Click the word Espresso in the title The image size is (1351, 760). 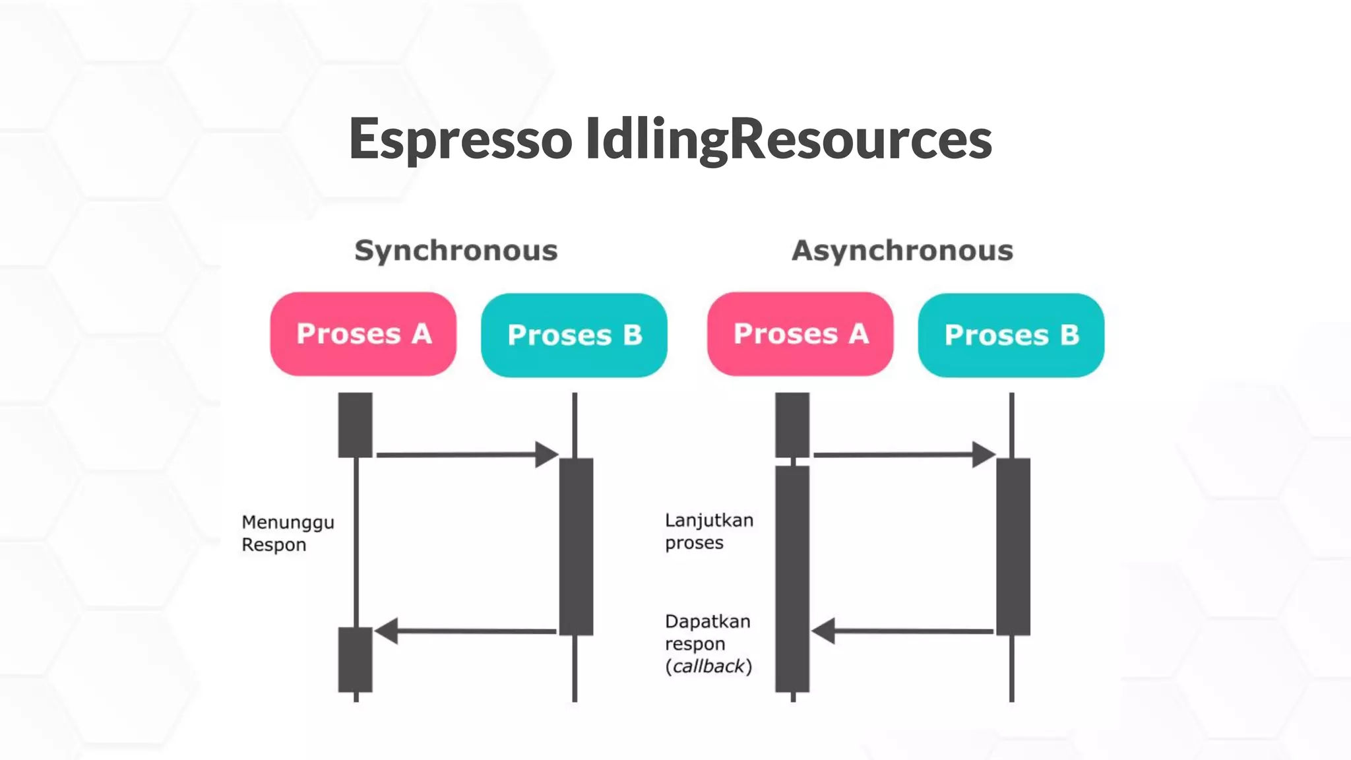click(x=460, y=139)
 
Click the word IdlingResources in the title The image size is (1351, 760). click(x=788, y=139)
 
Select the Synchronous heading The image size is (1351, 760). click(x=456, y=251)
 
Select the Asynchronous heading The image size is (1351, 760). click(x=902, y=251)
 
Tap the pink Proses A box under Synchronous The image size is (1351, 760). click(x=363, y=334)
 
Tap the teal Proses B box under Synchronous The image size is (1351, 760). click(x=574, y=335)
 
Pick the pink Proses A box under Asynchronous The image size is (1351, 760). click(x=800, y=334)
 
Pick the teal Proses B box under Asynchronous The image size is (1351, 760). click(x=1011, y=335)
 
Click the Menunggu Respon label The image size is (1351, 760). click(x=288, y=533)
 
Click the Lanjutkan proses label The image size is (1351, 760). click(x=708, y=531)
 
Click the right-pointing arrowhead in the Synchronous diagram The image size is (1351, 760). click(x=547, y=455)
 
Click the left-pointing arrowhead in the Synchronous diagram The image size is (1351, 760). click(x=387, y=631)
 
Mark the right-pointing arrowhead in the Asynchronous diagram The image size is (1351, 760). click(x=984, y=455)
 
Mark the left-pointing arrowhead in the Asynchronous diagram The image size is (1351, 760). click(x=824, y=631)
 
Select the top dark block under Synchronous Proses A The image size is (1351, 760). click(x=355, y=425)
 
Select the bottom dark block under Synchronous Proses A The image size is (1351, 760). click(x=355, y=660)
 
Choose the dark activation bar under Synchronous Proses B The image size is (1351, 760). click(x=576, y=546)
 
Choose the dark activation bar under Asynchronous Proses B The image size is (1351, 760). click(x=1013, y=546)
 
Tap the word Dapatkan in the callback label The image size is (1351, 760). click(x=707, y=621)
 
